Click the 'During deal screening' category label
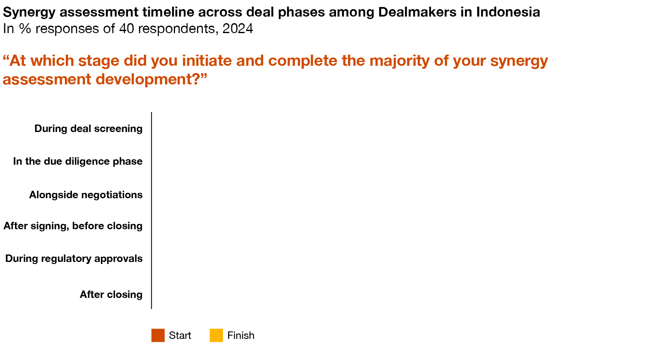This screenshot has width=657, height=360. [x=88, y=129]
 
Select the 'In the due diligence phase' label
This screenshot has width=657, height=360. [x=78, y=161]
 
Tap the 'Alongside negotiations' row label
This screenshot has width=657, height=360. [x=86, y=195]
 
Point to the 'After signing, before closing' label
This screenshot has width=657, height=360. [x=73, y=226]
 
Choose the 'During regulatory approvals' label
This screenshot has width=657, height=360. [x=74, y=259]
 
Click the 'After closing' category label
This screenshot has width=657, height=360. [x=111, y=295]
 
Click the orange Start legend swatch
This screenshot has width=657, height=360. [x=158, y=335]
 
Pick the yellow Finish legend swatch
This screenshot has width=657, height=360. [x=216, y=335]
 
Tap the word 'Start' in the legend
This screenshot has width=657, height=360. [x=180, y=335]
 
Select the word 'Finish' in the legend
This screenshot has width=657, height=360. [x=241, y=335]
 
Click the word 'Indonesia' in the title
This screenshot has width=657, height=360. [x=508, y=12]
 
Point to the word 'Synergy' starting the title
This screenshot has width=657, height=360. [x=29, y=12]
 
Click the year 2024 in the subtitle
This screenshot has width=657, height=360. [x=237, y=29]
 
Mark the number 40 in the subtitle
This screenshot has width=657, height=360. [x=127, y=29]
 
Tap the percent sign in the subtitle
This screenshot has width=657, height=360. [x=25, y=29]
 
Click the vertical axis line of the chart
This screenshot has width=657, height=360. [x=151, y=210]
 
